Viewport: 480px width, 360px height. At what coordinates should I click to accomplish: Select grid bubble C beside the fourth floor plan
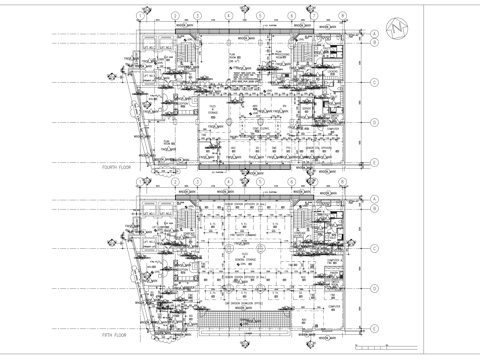click(372, 83)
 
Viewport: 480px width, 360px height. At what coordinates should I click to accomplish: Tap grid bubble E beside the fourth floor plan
click(372, 161)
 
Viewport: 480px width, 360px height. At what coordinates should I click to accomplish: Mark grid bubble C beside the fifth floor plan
click(372, 248)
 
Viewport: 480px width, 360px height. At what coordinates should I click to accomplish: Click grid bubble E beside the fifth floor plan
click(372, 327)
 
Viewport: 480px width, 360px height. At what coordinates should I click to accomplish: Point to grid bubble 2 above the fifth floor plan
click(175, 182)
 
